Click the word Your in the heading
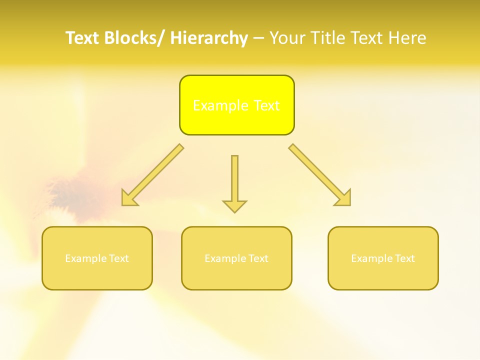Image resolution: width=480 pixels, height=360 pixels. click(x=287, y=38)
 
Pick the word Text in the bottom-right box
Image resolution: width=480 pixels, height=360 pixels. click(x=404, y=258)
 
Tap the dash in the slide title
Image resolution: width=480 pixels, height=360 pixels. click(x=258, y=38)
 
